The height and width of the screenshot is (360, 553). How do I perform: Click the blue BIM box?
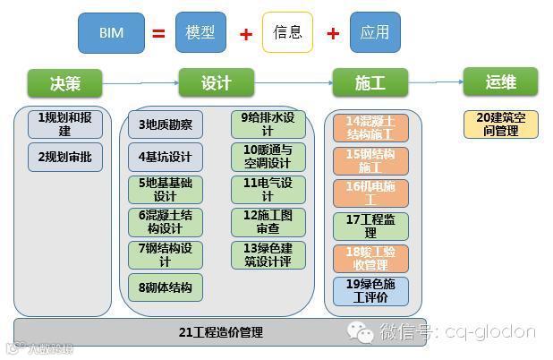[111, 33]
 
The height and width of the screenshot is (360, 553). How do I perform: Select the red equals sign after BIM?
[158, 34]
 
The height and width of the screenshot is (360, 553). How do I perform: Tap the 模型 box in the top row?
[200, 33]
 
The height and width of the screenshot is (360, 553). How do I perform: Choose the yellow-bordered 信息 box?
[287, 33]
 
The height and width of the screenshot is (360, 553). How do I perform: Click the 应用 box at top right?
[375, 33]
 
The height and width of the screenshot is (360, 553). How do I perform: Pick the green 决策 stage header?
[65, 83]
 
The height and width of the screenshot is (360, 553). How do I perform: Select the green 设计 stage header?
[217, 83]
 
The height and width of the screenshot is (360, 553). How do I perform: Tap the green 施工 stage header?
[370, 83]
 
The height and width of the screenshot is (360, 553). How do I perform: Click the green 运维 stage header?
[500, 82]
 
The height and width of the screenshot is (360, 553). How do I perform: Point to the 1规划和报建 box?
[64, 124]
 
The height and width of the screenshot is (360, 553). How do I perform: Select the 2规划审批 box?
[64, 157]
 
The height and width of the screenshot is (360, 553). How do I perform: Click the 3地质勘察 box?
[165, 124]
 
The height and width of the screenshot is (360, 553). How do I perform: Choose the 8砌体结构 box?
[165, 287]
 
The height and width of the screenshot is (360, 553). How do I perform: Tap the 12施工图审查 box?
[268, 222]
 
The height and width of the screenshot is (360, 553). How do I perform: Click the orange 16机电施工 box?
[370, 193]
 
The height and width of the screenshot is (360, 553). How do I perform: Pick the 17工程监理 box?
[370, 226]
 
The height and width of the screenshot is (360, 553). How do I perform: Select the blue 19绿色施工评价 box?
[370, 291]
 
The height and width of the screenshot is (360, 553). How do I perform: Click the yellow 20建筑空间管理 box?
[500, 124]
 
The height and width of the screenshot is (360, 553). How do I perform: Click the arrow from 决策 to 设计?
[140, 83]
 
